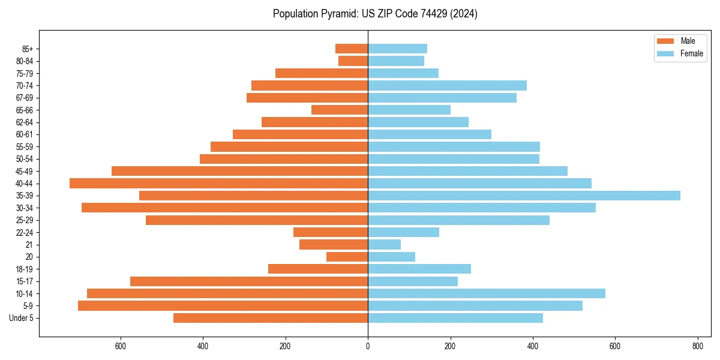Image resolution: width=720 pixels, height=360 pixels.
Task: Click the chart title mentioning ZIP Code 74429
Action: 375,14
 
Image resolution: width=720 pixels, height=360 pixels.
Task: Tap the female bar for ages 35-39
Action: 524,196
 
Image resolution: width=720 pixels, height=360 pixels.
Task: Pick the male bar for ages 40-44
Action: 219,184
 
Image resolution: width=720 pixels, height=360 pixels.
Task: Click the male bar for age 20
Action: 347,257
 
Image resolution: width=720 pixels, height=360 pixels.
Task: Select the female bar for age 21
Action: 384,245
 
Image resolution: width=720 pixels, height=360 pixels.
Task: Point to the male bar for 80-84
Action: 353,61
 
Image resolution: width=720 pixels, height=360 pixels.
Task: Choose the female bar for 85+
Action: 397,49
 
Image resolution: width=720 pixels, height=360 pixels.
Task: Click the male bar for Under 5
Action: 271,318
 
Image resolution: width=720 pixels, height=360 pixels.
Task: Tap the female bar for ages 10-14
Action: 487,293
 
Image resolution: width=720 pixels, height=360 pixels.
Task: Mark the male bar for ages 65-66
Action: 340,110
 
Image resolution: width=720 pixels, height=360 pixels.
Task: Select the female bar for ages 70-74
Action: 447,86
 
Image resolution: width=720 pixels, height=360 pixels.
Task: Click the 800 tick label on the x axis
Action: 697,346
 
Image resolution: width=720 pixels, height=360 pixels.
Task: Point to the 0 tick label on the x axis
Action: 368,346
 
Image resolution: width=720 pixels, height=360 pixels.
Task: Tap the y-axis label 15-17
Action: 25,281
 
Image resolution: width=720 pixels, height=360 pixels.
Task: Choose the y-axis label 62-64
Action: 25,122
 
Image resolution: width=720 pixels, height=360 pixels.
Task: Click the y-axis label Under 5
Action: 22,318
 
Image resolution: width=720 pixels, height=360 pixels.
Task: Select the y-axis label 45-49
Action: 25,171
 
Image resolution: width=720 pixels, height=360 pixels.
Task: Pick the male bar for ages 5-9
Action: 223,306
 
